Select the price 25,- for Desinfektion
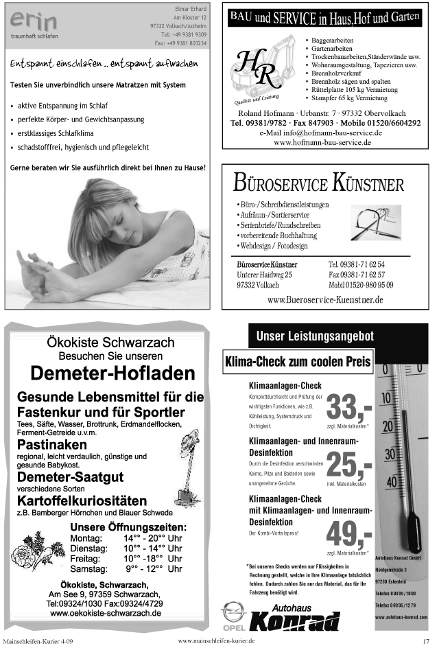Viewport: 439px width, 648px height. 349,466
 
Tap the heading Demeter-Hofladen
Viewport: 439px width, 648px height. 104,373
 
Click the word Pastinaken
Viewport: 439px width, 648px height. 47,444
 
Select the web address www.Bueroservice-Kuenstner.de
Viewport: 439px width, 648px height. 324,300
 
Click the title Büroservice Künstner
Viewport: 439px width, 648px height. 318,184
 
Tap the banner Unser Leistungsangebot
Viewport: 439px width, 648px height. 315,336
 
